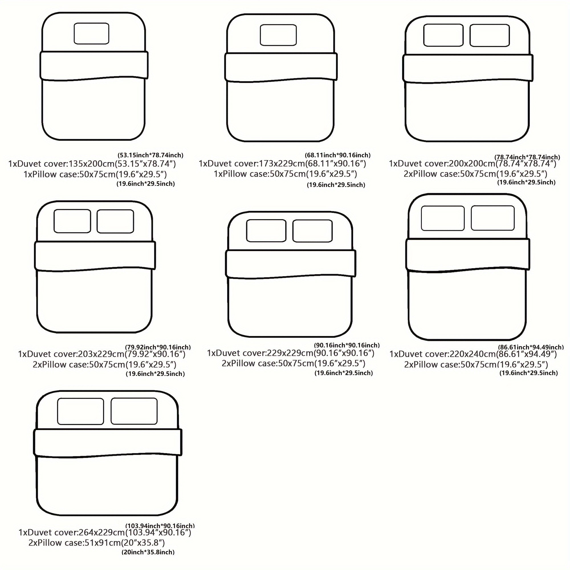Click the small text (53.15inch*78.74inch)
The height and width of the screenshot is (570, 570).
[150, 155]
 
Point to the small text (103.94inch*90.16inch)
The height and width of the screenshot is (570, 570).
[160, 526]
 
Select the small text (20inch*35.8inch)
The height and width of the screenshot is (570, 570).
[148, 552]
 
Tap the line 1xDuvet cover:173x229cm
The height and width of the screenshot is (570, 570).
[252, 163]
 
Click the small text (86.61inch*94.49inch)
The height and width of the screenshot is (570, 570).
[531, 347]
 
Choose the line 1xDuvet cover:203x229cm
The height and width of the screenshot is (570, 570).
[72, 354]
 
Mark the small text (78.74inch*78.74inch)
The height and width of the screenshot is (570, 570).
[527, 157]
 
